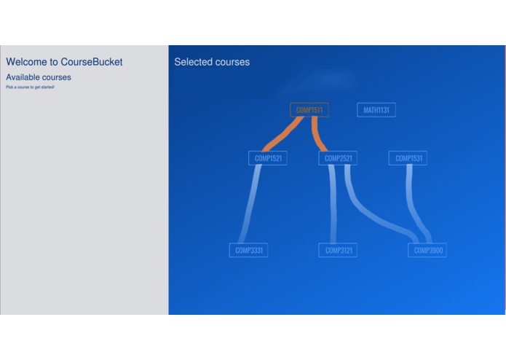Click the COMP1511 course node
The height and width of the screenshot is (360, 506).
point(309,110)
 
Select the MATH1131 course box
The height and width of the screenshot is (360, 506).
point(376,110)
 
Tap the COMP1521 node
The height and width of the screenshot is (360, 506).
point(267,158)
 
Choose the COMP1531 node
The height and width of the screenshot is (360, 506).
point(408,158)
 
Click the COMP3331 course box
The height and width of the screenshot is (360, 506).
point(248,250)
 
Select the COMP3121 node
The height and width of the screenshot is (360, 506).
point(338,250)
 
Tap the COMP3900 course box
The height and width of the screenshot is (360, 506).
point(427,250)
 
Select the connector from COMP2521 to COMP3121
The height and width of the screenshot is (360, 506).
point(333,204)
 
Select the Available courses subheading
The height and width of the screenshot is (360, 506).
point(39,77)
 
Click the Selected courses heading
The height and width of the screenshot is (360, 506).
point(212,62)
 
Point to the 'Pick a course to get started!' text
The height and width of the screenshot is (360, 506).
point(30,87)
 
